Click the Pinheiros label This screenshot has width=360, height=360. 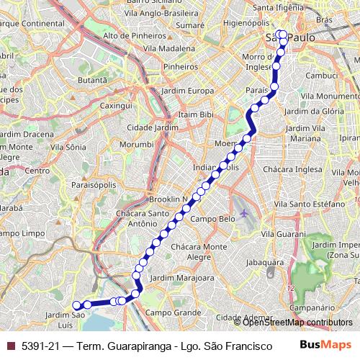click(x=180, y=66)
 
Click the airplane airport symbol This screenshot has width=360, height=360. click(x=246, y=214)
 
